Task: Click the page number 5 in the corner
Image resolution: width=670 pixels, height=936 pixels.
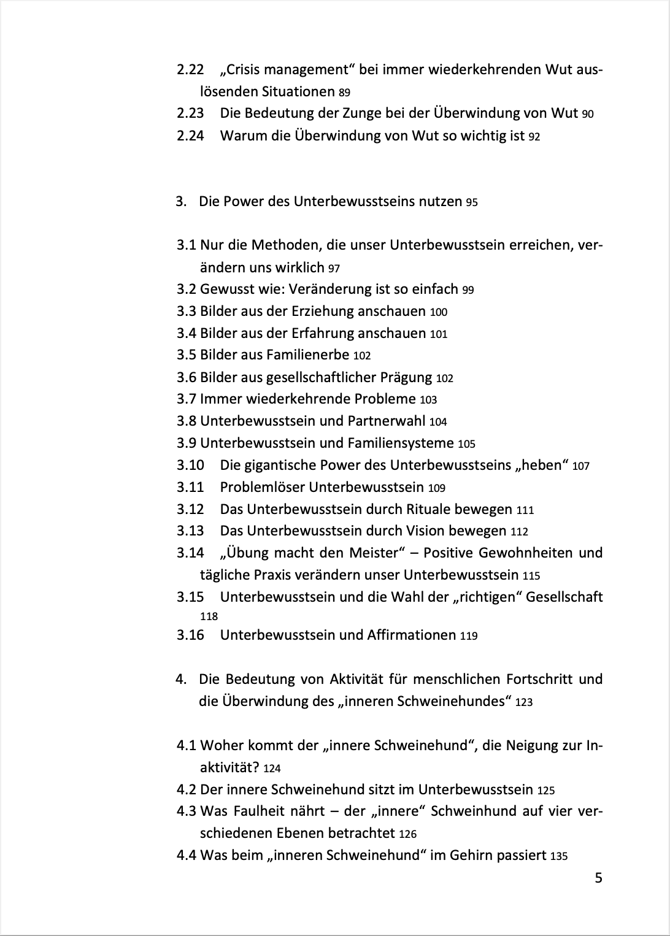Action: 598,878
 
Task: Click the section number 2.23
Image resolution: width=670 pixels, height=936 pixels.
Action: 190,113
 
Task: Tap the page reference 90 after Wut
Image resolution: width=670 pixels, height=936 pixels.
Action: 587,114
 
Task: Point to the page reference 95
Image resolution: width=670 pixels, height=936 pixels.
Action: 471,202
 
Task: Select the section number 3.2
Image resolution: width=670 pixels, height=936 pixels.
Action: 187,289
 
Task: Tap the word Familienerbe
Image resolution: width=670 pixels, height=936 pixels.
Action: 307,355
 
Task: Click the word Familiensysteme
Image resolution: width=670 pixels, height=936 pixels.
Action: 401,443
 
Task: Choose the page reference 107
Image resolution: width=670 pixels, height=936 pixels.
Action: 580,466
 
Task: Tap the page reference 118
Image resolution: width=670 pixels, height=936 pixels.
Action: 209,616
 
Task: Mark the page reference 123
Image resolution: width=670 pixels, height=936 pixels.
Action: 524,702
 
